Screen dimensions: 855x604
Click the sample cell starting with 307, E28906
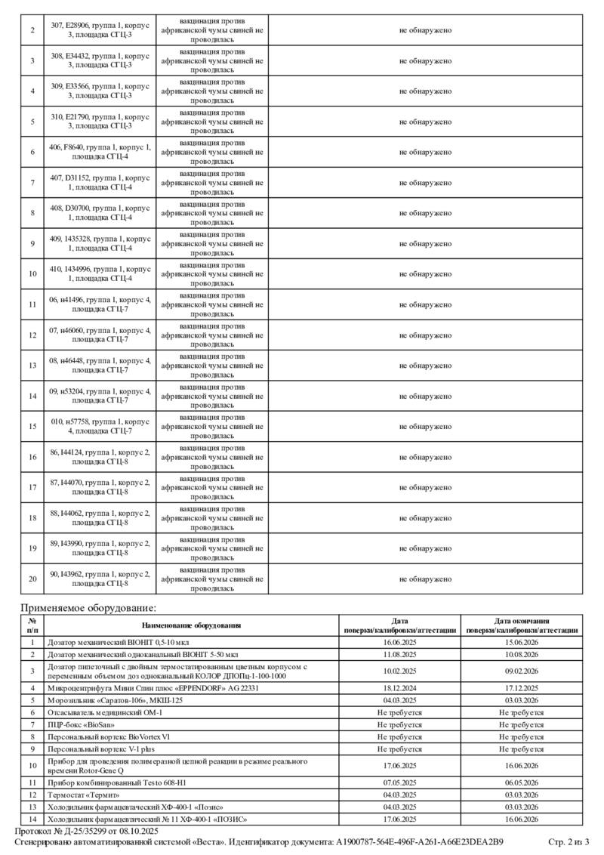[100, 30]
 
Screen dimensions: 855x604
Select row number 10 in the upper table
[32, 274]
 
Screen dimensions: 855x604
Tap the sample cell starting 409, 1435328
[100, 243]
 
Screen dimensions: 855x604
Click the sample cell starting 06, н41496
[100, 304]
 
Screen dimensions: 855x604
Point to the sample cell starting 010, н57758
[100, 426]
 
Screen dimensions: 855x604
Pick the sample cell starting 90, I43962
[100, 579]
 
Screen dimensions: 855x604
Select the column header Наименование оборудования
[191, 625]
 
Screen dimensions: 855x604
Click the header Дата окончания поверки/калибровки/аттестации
[522, 625]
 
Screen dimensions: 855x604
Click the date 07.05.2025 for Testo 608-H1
[400, 782]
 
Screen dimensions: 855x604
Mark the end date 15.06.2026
[522, 642]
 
